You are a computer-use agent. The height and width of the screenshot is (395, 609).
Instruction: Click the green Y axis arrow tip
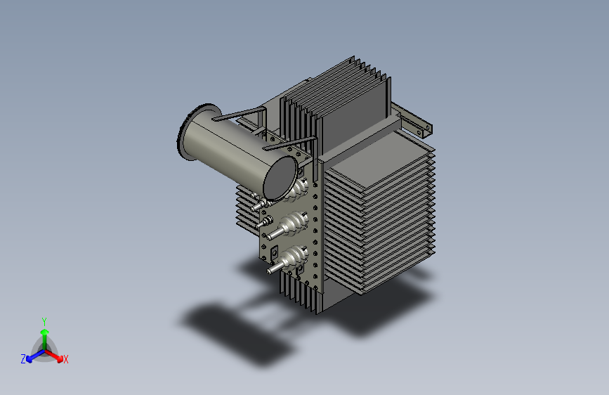tap(45, 332)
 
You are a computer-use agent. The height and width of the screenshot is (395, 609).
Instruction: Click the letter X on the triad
tap(65, 359)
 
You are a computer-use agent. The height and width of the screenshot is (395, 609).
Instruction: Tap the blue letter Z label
tap(23, 359)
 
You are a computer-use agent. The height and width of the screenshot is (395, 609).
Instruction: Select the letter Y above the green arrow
tap(44, 321)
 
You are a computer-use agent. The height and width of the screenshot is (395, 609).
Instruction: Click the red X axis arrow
tap(53, 355)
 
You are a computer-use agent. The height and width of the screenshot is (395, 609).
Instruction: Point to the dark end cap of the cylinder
tap(280, 178)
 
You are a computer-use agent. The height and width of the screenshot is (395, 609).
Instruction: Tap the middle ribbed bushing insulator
tap(294, 224)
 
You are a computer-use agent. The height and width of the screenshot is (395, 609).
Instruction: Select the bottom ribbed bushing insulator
tap(294, 257)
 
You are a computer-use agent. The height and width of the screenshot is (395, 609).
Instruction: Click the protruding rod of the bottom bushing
tap(275, 268)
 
